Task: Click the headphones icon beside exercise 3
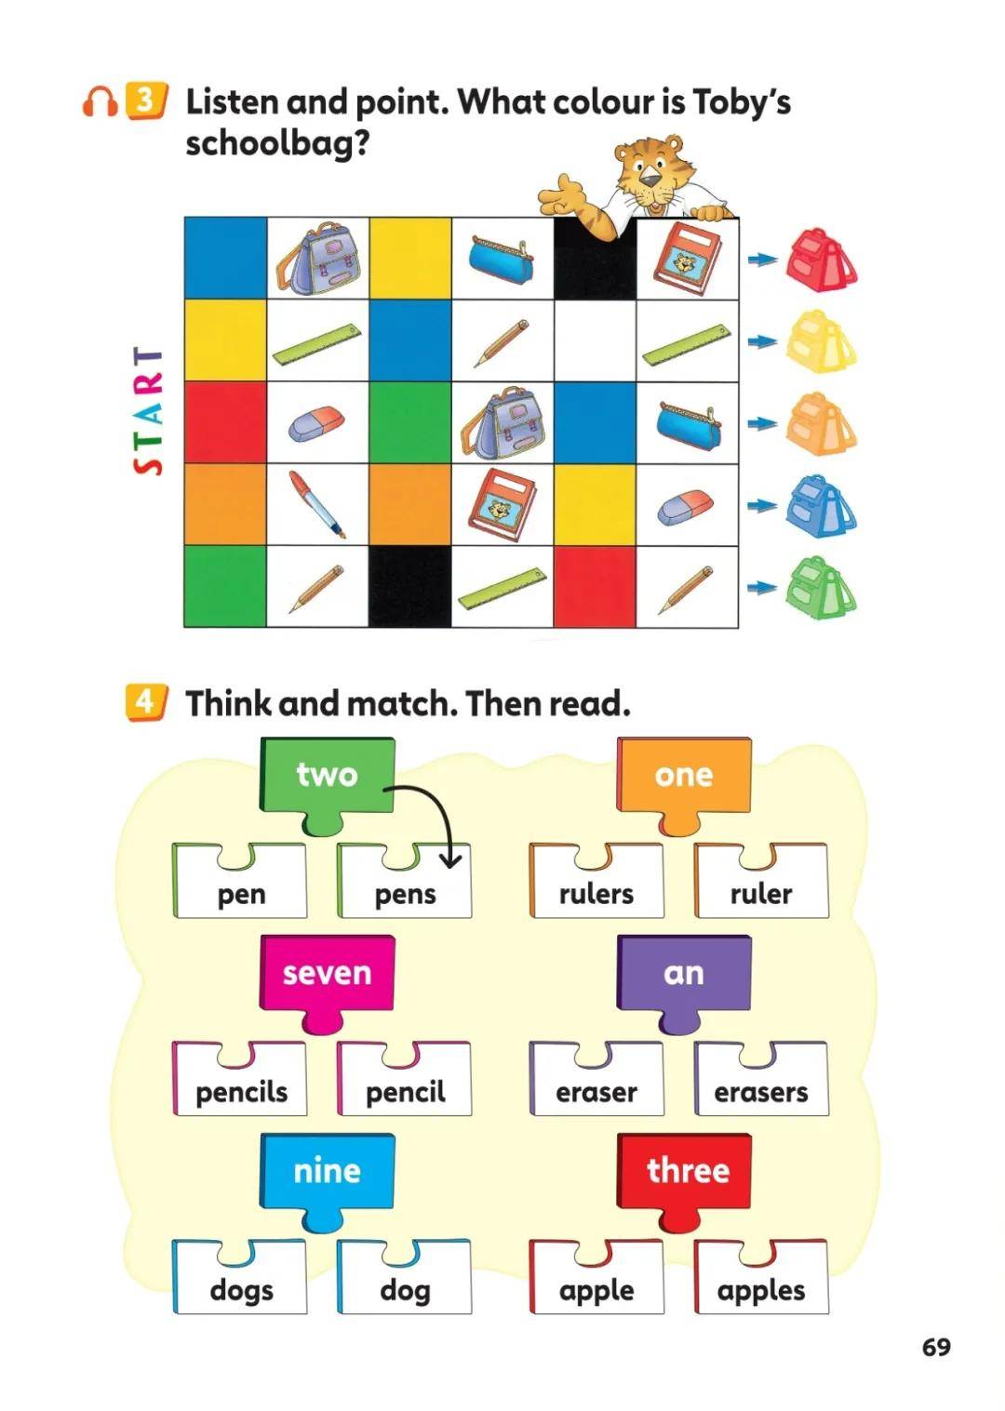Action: [x=100, y=101]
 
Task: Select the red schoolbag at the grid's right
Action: [x=822, y=260]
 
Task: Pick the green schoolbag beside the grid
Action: [x=822, y=587]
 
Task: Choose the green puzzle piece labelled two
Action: [x=327, y=786]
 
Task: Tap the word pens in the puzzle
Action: [x=405, y=895]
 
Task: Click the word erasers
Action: [x=760, y=1092]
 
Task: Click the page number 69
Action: [x=936, y=1348]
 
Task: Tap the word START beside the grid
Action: [x=149, y=410]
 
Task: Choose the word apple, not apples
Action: [x=596, y=1292]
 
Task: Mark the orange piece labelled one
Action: [x=684, y=786]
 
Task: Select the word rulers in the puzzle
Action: [x=596, y=894]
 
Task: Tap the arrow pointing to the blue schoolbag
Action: [x=762, y=505]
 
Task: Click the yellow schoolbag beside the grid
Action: [x=822, y=341]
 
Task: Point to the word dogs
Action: [x=241, y=1292]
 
